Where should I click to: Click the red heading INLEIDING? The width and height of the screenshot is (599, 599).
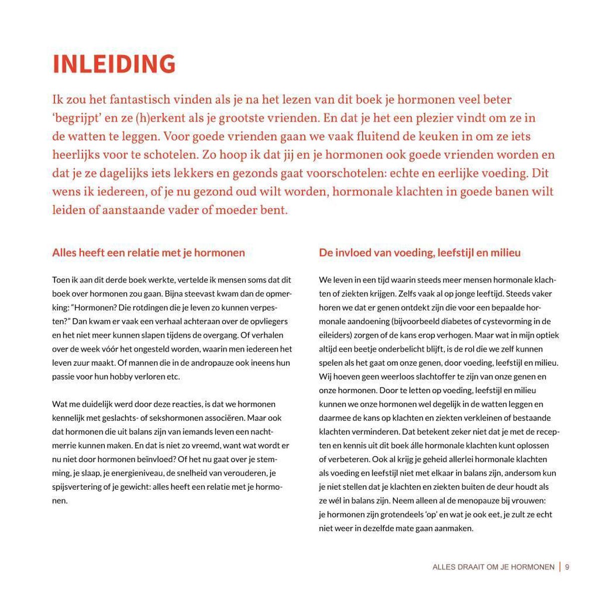tap(114, 64)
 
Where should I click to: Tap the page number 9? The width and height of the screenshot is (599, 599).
tap(568, 567)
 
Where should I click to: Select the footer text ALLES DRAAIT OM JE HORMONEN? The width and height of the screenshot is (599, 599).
tap(493, 567)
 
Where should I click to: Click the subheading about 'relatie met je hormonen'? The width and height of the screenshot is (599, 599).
tap(148, 253)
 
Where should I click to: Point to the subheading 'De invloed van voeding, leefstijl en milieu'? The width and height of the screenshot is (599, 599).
tap(419, 253)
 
